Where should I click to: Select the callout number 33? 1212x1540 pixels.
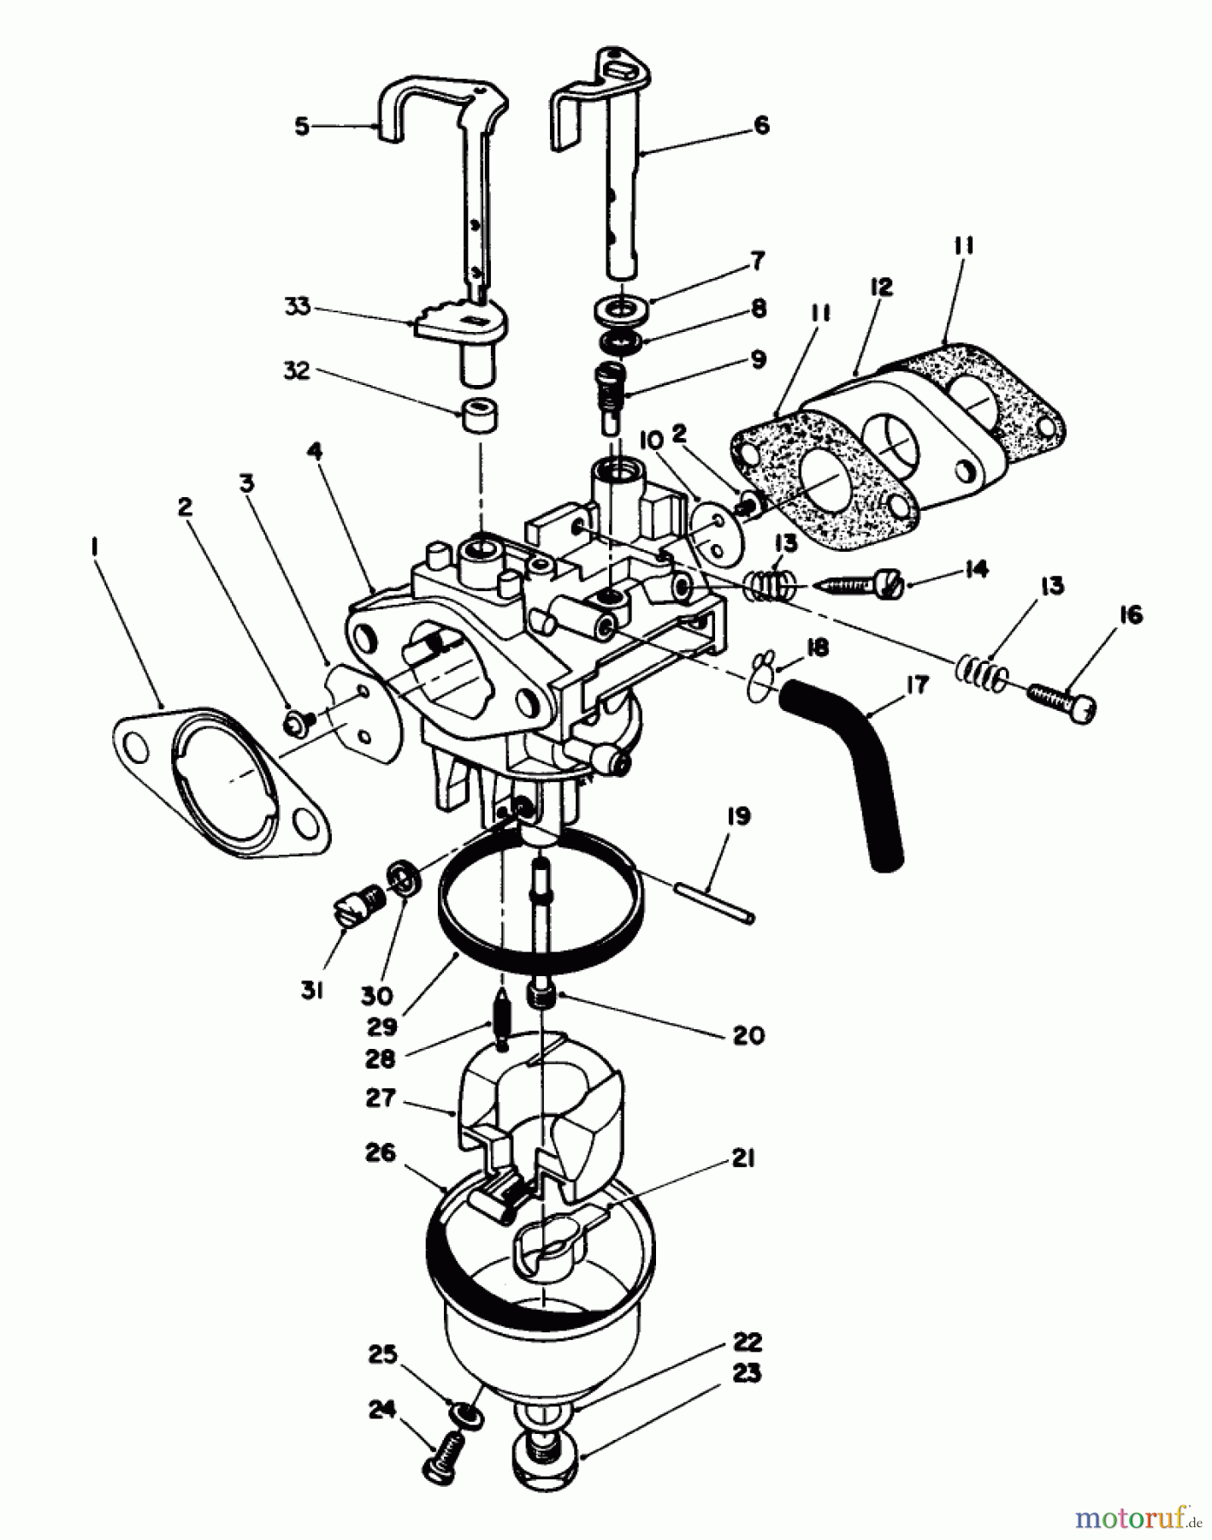point(298,306)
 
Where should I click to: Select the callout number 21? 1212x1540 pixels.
point(742,1159)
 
